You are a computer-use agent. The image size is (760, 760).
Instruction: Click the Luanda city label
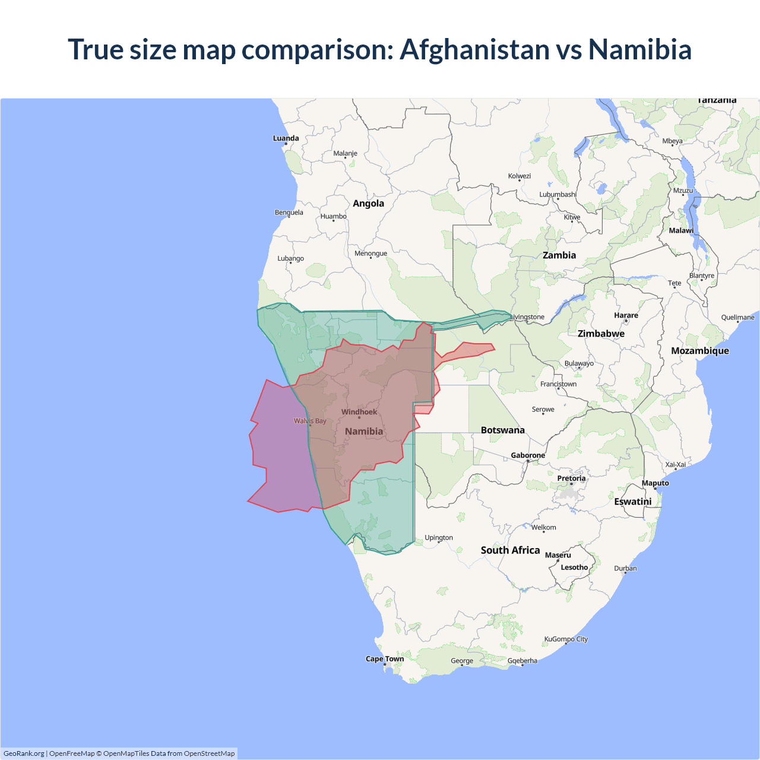(286, 138)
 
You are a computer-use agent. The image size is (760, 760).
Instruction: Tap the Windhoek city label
(359, 412)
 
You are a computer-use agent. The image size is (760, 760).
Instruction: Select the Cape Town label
(384, 658)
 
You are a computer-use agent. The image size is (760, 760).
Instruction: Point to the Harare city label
(626, 315)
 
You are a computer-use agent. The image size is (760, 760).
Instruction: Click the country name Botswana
(502, 430)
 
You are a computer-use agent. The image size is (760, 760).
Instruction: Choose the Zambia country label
(559, 255)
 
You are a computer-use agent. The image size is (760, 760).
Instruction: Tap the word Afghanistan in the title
(475, 49)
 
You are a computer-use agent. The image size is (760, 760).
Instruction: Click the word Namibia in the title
(639, 49)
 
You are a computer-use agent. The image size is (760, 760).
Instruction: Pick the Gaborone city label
(528, 455)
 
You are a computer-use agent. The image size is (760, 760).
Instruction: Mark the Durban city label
(625, 568)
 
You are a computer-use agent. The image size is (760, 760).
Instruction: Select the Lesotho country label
(574, 567)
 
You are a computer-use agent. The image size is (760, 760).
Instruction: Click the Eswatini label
(632, 502)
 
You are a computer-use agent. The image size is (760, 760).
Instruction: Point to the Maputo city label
(655, 483)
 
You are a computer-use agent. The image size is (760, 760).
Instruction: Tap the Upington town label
(439, 538)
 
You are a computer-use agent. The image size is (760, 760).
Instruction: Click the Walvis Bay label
(310, 421)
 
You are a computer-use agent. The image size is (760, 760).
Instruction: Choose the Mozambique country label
(699, 351)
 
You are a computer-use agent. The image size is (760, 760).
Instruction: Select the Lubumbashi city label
(558, 194)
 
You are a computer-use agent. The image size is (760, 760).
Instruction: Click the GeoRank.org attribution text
(24, 753)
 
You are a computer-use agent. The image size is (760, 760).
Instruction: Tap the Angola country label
(368, 204)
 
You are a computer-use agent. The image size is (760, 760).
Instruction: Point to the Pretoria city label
(571, 478)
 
